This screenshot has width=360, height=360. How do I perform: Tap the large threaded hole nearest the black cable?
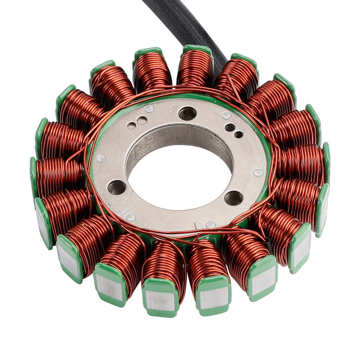coord(187,113)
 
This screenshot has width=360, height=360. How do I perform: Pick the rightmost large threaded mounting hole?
coord(234,197)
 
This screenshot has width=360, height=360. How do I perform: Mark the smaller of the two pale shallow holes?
coord(133,126)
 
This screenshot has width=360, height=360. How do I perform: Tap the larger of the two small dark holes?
coord(229,127)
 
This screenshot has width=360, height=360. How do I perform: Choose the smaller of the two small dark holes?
coord(238,134)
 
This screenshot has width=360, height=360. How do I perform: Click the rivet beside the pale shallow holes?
coord(149,108)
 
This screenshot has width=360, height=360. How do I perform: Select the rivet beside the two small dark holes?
coord(226,116)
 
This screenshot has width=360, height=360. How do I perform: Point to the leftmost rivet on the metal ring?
coord(101,158)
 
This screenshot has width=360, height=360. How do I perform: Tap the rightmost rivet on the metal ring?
coord(258,172)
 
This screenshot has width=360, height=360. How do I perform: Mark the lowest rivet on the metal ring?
coord(210,224)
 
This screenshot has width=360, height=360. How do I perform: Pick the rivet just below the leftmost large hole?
coord(130,217)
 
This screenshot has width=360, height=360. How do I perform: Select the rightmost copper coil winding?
coord(301,162)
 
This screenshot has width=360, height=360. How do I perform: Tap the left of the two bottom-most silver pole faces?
coord(161,301)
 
